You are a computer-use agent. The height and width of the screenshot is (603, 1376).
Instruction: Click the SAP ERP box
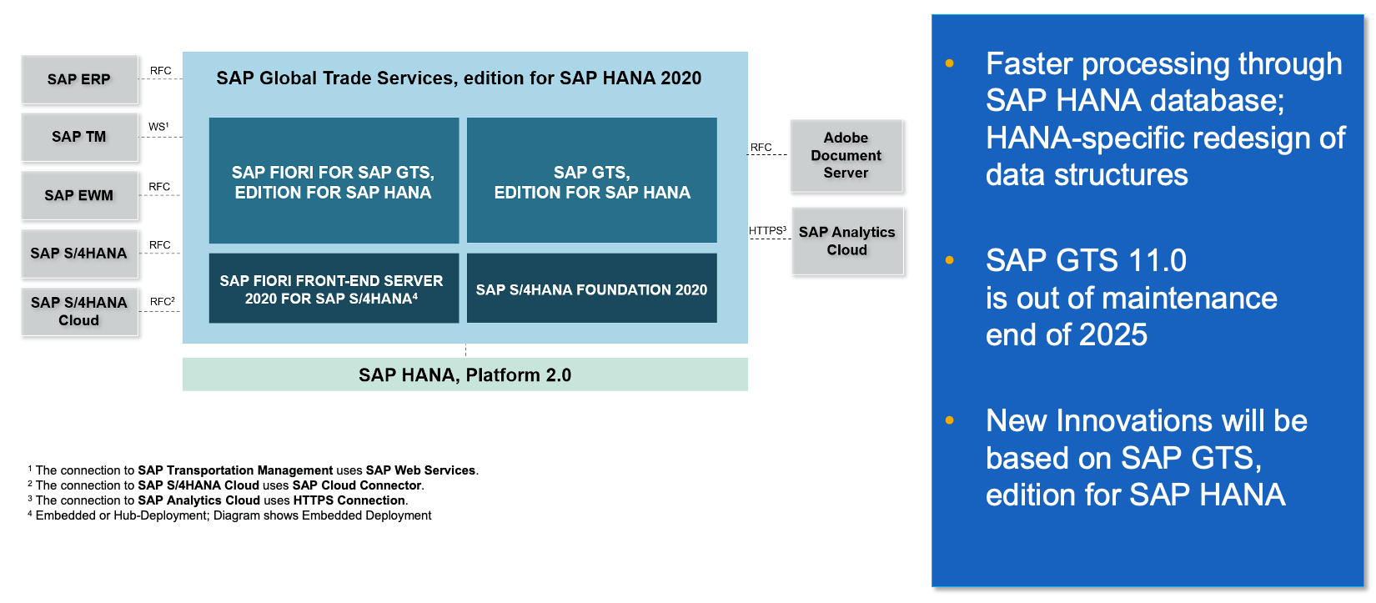(x=79, y=79)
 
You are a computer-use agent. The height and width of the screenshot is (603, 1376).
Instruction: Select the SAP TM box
(x=79, y=137)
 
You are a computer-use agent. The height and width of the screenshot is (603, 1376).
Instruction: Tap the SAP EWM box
(x=79, y=195)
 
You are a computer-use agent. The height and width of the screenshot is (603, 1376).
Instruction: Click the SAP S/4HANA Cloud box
(x=79, y=311)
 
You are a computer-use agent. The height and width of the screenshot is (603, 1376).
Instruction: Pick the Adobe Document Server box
(x=846, y=155)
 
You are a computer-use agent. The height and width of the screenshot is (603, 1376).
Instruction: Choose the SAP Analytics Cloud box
(x=846, y=241)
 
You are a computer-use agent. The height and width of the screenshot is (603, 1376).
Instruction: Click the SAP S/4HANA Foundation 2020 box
(x=591, y=289)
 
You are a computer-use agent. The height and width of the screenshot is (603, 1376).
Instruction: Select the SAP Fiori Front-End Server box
(x=333, y=289)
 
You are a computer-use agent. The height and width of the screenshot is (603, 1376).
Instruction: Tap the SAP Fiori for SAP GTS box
(x=333, y=182)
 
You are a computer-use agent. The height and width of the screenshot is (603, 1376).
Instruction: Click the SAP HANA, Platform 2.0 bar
(x=465, y=375)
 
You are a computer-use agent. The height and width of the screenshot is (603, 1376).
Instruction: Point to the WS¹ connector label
(x=158, y=127)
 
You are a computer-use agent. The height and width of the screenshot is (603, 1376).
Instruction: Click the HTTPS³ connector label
(x=767, y=230)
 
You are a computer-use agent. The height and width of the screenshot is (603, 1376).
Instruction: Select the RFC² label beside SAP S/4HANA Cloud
(x=162, y=301)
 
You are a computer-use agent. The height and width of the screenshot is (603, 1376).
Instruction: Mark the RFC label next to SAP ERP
(x=160, y=71)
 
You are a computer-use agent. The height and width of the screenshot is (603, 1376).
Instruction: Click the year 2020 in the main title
(x=680, y=78)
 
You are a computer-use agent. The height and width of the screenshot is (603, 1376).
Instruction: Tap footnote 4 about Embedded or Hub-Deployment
(x=231, y=515)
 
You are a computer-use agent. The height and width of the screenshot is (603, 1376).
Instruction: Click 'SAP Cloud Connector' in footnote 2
(x=357, y=485)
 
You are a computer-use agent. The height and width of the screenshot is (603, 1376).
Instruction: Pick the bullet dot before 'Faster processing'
(x=949, y=63)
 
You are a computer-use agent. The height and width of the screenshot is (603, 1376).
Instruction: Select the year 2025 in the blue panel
(x=1112, y=335)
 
